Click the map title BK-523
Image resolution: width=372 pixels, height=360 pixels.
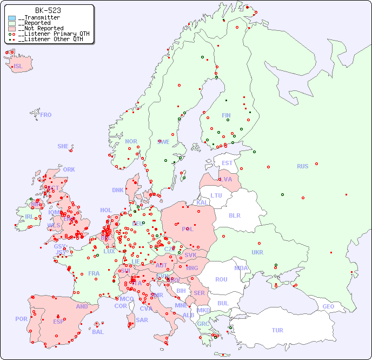coord(48,10)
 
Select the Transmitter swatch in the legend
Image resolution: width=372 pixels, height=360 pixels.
coord(12,18)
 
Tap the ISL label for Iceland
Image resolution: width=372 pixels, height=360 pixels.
coord(18,67)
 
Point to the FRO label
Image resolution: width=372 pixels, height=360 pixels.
coord(46,115)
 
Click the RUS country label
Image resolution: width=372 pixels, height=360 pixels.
coord(302,166)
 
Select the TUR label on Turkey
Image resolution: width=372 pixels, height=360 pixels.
coord(277,330)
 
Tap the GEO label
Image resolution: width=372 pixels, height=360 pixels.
coord(328,306)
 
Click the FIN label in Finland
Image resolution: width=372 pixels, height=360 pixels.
coord(226,115)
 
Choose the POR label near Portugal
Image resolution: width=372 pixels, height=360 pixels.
coord(21,319)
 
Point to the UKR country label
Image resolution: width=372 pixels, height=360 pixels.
coord(257,252)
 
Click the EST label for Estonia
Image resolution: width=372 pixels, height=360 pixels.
coord(227,163)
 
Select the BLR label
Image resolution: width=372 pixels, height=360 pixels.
coord(235,215)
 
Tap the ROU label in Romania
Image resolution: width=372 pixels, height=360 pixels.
coord(221,279)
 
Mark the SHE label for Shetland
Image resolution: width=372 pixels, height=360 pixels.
coord(63,146)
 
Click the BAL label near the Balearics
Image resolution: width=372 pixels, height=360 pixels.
coord(98,332)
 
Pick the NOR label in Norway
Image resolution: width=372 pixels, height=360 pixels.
coord(131,141)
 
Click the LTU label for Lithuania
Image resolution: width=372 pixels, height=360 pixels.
coord(216,195)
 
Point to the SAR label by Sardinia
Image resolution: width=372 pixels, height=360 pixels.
coord(142,320)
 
